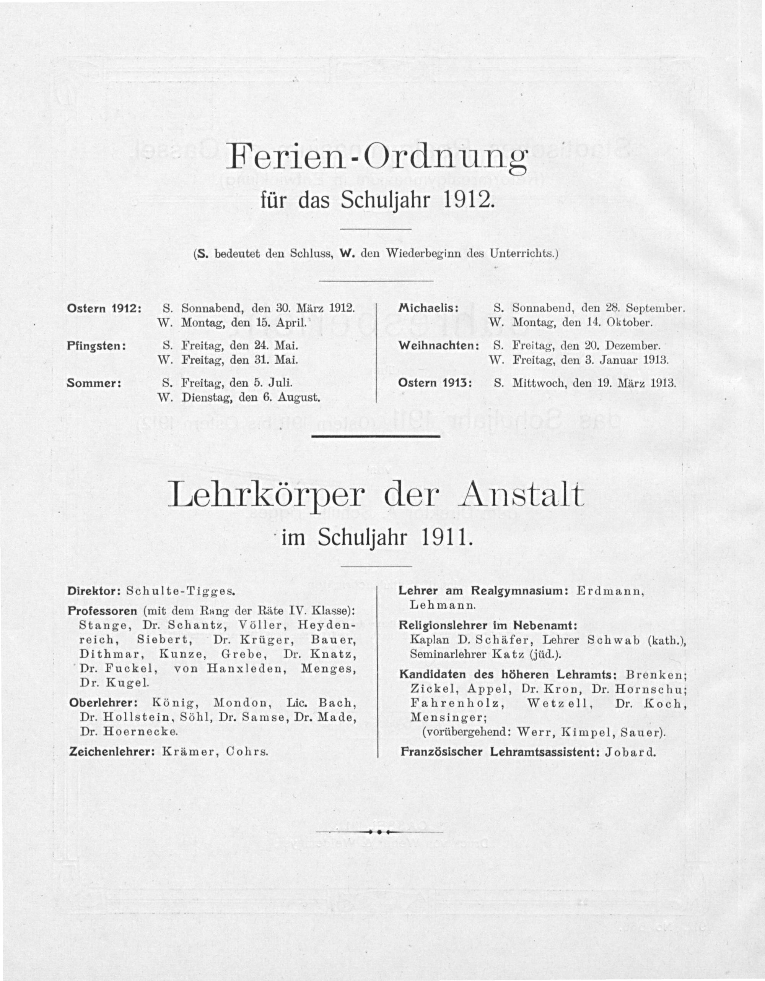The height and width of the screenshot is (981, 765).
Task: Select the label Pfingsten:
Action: [x=96, y=346]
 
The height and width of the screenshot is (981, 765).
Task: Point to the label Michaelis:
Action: [x=428, y=309]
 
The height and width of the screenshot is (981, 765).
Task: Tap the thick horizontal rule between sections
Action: [x=376, y=436]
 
